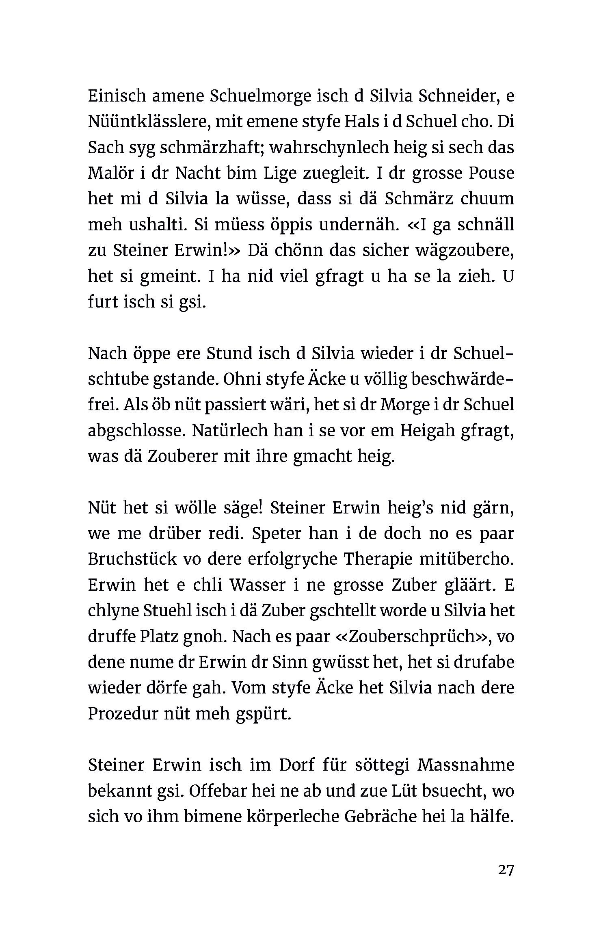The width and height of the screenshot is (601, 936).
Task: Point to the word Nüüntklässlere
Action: coord(149,122)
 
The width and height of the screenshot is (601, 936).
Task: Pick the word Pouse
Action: coord(492,173)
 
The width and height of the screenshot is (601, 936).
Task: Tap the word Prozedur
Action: coord(122,714)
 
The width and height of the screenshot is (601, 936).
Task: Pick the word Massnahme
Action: coord(466,765)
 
